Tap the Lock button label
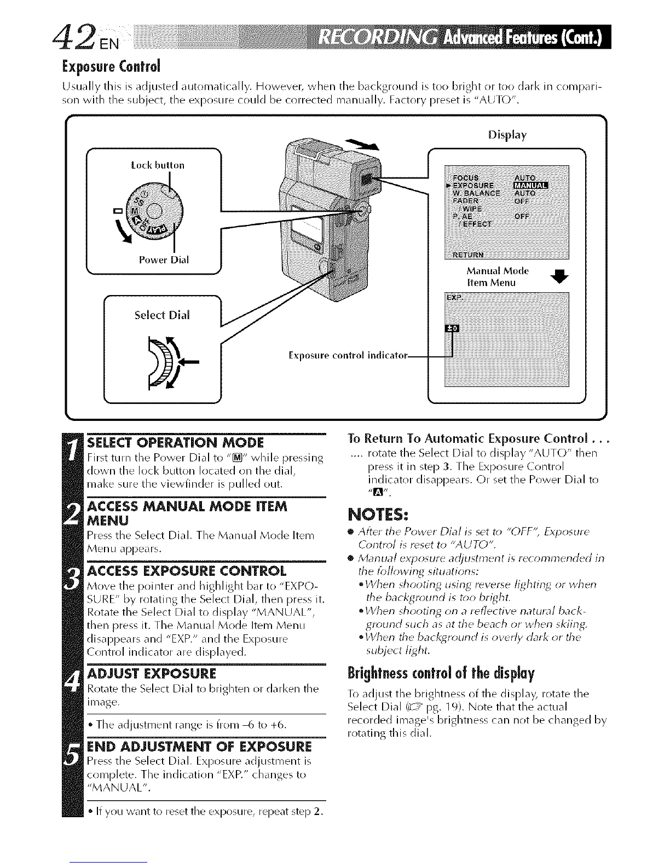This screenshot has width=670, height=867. point(158,165)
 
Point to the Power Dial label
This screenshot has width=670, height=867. point(164,260)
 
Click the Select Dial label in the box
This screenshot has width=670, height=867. point(162,315)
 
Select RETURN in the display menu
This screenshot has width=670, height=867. point(468,255)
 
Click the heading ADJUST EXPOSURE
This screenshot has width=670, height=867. point(152,673)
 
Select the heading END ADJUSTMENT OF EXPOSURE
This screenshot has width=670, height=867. point(199,747)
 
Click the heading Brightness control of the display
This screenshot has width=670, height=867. point(441,672)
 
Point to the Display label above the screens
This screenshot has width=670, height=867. point(507,135)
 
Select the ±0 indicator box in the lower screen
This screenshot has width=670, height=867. point(454,328)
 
